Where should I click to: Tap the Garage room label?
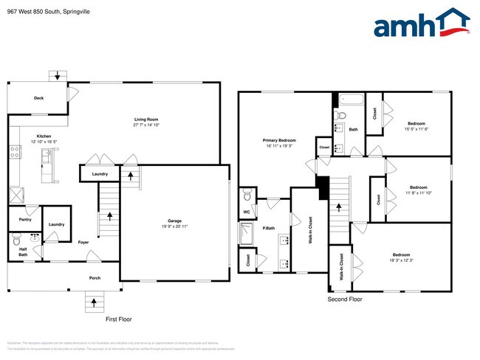coord(174,221)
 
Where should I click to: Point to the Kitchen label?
coord(44,136)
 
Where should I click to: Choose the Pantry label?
coord(24,219)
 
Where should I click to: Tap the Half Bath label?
coord(23,251)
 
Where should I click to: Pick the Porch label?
coord(95,277)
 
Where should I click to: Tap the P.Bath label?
coord(269,229)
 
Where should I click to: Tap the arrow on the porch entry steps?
coord(94,300)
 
